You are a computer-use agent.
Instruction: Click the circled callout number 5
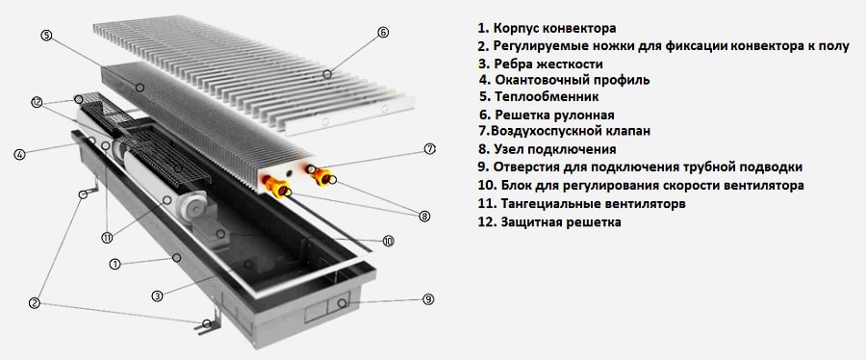coord(46,36)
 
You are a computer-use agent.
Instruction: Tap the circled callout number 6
coord(383,32)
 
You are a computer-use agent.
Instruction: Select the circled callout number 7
coord(430,148)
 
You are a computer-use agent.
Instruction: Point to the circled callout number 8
coord(424,217)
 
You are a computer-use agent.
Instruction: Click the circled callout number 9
coord(428,299)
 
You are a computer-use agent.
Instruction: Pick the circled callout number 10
coord(388,241)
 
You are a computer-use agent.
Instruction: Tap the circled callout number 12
coord(37,102)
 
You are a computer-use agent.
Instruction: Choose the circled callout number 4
coord(19,155)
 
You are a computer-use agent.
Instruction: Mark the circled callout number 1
coord(115,264)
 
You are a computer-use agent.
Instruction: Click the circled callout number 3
coord(158,296)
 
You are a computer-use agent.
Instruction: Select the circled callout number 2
coord(35,302)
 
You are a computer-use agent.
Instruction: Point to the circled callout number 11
coord(107,238)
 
